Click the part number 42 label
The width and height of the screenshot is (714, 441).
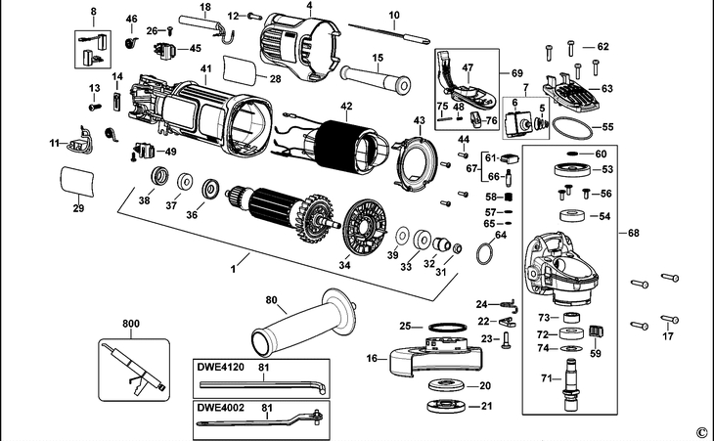pos(346,106)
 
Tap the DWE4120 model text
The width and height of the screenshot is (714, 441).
pos(220,367)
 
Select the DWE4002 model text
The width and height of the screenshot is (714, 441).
pos(220,407)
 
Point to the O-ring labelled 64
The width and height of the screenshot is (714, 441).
pos(485,253)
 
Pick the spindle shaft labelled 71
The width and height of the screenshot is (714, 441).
pos(570,384)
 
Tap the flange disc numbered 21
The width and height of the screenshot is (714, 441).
pos(446,406)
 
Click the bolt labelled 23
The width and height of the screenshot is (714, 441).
pos(506,340)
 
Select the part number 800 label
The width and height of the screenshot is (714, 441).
pos(131,324)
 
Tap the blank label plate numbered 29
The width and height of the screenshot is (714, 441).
pos(77,182)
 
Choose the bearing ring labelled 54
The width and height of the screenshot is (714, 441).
pos(572,216)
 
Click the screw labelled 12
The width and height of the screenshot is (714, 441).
pos(255,17)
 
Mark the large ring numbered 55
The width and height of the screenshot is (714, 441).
pos(572,128)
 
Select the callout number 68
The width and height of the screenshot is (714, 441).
pos(634,233)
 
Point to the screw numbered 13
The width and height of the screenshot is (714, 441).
pos(95,108)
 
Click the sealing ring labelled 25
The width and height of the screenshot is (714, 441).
pos(448,327)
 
